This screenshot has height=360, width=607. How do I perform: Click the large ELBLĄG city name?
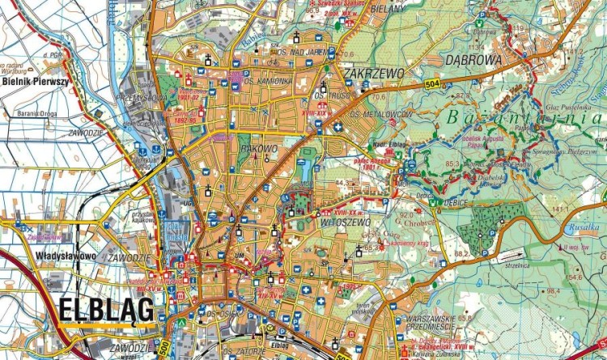tap(106, 310)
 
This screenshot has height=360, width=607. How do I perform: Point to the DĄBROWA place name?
tap(473, 60)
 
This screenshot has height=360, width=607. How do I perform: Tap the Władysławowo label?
tap(66, 256)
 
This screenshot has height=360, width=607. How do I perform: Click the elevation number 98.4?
tap(554, 290)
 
